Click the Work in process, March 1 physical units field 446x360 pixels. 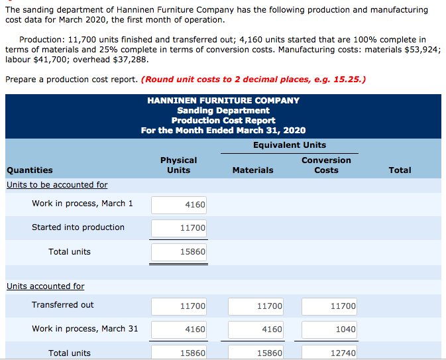pos(179,204)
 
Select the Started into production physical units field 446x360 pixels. pos(179,228)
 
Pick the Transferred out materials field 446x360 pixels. pos(256,306)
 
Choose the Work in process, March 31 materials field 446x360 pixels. pos(256,329)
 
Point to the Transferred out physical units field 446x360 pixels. pos(179,306)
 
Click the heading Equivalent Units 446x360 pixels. pos(290,145)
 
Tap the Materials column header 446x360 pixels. pos(252,170)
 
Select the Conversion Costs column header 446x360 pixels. pos(326,165)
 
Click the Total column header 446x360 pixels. pos(400,170)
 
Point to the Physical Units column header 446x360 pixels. pos(178,165)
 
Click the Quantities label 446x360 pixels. pos(30,170)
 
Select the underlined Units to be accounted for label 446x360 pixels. pos(57,185)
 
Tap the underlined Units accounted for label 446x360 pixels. pos(46,286)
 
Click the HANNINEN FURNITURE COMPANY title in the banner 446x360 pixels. pos(223,101)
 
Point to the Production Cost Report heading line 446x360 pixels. pos(223,120)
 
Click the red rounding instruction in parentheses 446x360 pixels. pos(254,80)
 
